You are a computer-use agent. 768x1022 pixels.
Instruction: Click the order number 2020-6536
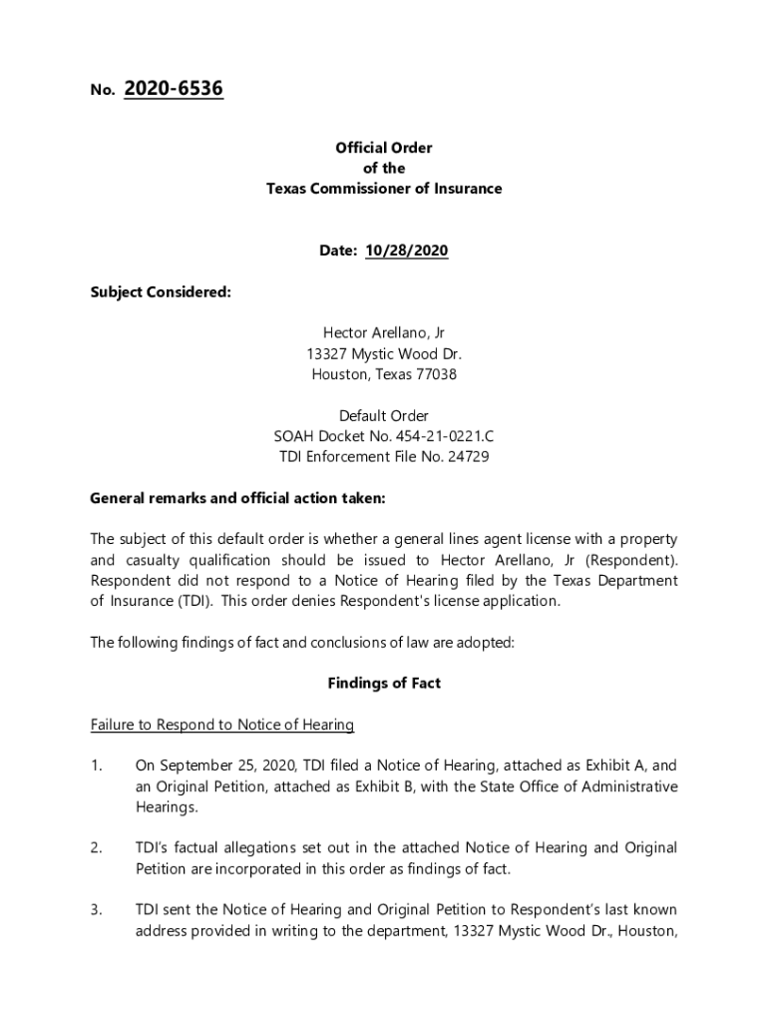174,90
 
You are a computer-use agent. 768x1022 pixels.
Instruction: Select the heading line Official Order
384,148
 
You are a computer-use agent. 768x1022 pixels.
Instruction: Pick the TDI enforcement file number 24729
468,457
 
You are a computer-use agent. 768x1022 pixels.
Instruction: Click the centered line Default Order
384,415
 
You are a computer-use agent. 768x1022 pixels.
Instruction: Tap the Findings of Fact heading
384,684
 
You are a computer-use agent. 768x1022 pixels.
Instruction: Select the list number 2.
96,847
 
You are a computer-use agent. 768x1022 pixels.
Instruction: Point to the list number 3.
96,909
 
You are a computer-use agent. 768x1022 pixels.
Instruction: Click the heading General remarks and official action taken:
237,498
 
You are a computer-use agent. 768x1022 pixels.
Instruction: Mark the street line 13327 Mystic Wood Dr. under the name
384,354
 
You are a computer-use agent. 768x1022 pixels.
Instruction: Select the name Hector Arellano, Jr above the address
384,333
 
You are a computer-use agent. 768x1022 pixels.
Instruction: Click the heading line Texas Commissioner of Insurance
384,189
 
